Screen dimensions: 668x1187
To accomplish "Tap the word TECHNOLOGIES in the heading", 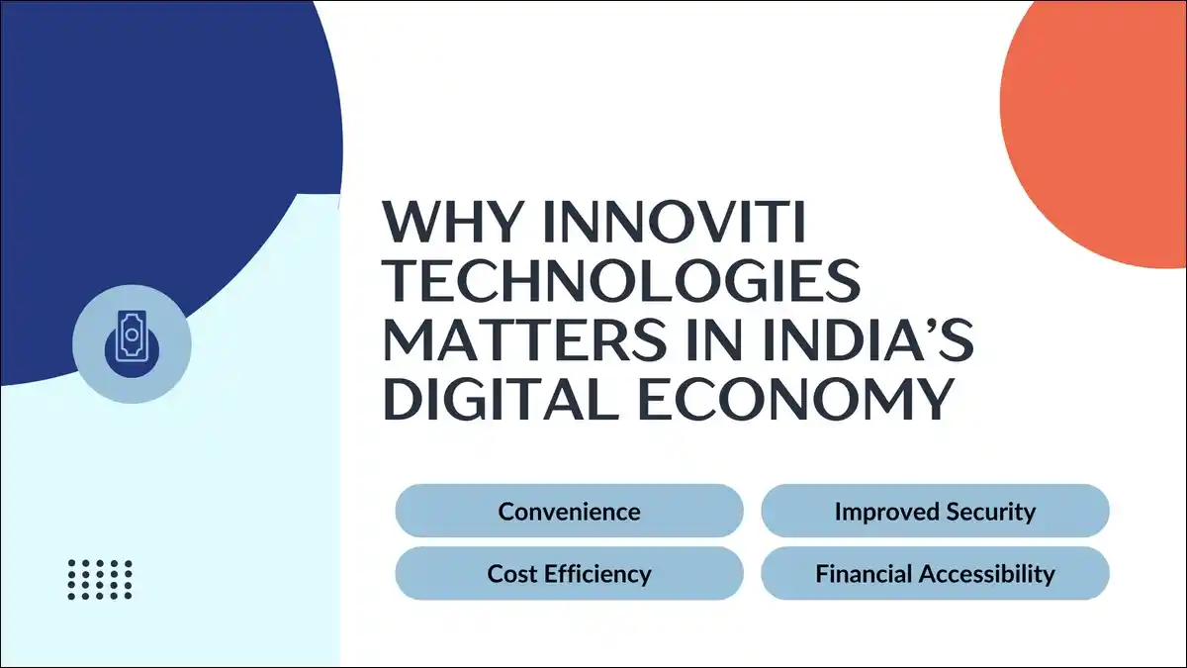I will coord(620,282).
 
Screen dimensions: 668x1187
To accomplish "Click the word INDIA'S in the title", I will coord(859,339).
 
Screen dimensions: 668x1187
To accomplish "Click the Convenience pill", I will coord(569,512).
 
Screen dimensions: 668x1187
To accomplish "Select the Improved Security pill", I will coord(935,512).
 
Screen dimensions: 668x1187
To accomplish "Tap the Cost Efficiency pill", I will coord(569,573).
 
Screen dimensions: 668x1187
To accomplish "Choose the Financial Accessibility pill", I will coord(935,573).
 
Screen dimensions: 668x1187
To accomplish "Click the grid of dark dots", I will coord(100,579).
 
